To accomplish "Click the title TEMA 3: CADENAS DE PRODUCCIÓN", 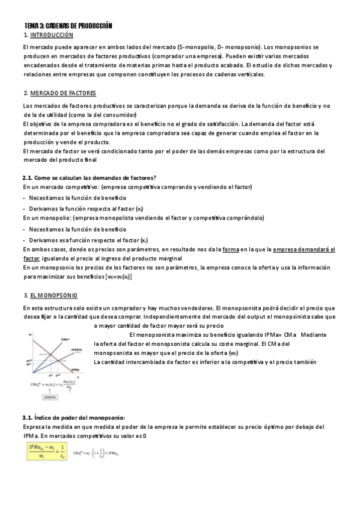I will tap(68, 26).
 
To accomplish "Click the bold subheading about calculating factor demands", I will tap(89, 177).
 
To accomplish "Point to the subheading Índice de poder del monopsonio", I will tap(73, 417).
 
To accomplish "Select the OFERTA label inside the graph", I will tap(76, 349).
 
